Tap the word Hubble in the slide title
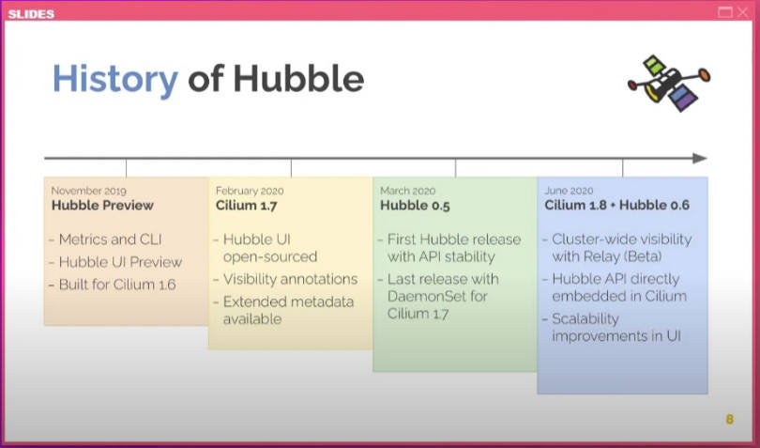[x=298, y=79]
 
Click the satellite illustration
[x=669, y=83]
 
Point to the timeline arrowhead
[x=699, y=158]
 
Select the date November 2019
[x=89, y=191]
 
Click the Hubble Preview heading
[x=102, y=206]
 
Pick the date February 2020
[x=250, y=191]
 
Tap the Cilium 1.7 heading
[x=246, y=206]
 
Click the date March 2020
[x=407, y=191]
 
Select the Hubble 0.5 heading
[x=415, y=206]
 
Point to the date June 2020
[x=569, y=191]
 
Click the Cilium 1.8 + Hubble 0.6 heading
[x=616, y=205]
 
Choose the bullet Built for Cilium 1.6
[x=113, y=285]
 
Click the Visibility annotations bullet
[x=285, y=279]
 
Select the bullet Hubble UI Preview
[x=115, y=262]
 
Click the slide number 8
[x=729, y=420]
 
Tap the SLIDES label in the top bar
[x=31, y=14]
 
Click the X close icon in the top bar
[x=742, y=12]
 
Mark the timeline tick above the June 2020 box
[x=622, y=168]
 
